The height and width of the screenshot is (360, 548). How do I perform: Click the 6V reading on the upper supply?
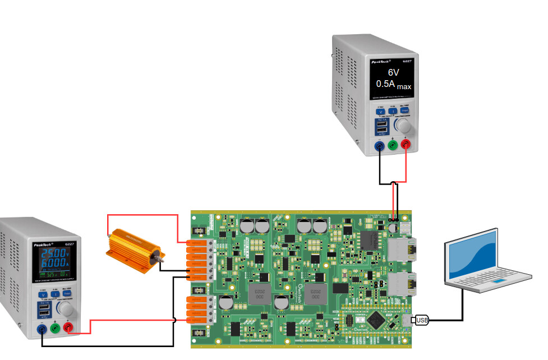pyautogui.click(x=394, y=73)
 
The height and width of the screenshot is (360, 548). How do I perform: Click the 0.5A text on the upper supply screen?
pyautogui.click(x=386, y=84)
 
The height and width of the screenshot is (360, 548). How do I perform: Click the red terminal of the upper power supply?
pyautogui.click(x=406, y=145)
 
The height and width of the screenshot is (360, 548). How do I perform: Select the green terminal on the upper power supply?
pyautogui.click(x=393, y=145)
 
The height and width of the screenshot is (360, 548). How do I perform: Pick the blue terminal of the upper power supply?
pyautogui.click(x=380, y=146)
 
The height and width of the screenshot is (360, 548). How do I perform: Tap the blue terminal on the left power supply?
pyautogui.click(x=42, y=329)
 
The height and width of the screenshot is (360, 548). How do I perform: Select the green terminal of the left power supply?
pyautogui.click(x=55, y=328)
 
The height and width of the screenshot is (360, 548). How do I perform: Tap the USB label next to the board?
pyautogui.click(x=422, y=320)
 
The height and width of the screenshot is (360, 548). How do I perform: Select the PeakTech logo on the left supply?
pyautogui.click(x=41, y=244)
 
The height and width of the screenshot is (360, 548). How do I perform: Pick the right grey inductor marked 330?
pyautogui.click(x=315, y=293)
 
